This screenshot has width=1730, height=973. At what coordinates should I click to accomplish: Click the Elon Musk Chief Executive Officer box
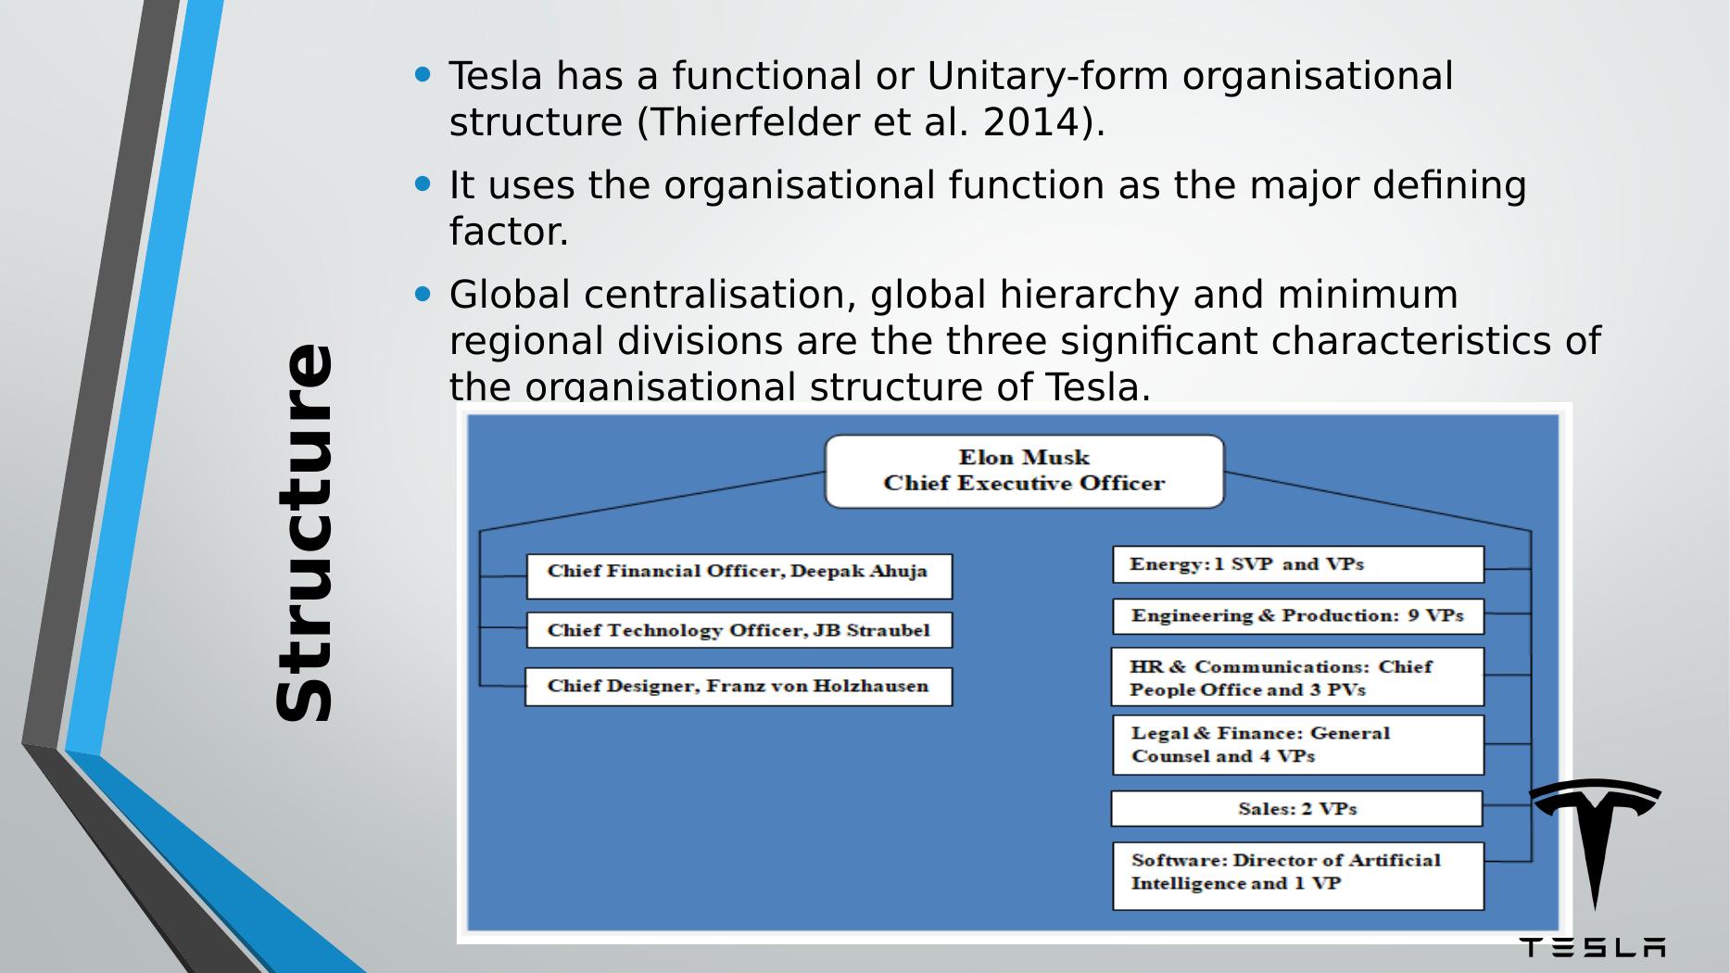pos(1024,471)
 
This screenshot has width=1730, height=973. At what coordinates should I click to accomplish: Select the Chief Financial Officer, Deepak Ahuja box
pos(739,575)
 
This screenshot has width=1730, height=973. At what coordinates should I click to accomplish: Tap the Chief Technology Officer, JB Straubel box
pos(739,630)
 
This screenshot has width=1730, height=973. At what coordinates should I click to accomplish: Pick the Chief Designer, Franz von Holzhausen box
pos(739,687)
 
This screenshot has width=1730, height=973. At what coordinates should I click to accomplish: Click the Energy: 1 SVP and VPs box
pos(1297,564)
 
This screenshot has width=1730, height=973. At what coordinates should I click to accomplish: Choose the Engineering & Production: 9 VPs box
pos(1297,616)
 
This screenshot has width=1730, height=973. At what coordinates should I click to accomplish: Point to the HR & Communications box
pos(1297,677)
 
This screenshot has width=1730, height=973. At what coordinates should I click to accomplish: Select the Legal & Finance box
pos(1297,744)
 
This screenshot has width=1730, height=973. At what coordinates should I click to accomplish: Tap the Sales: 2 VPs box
pos(1296,809)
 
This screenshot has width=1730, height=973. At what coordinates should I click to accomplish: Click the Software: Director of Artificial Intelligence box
pos(1297,876)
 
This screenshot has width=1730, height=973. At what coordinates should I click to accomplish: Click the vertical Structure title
pos(304,533)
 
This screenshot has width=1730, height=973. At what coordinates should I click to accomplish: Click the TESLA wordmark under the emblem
pos(1592,947)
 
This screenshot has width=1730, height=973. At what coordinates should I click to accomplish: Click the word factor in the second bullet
pos(508,232)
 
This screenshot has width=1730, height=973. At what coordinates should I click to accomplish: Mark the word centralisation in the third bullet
pos(719,295)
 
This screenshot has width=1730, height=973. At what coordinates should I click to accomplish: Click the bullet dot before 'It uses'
pos(423,184)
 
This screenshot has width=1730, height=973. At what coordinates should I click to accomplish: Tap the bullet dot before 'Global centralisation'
pos(423,295)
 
